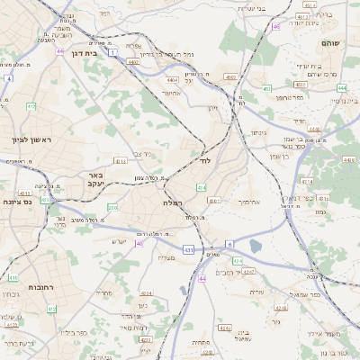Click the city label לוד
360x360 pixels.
[204, 162]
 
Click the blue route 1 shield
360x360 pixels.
[112, 54]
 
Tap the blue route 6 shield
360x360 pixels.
[229, 244]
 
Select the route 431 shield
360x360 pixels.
[187, 249]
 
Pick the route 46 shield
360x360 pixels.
[275, 27]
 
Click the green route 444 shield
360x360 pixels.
[341, 88]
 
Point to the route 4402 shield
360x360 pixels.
[134, 61]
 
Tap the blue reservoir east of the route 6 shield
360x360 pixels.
[256, 245]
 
